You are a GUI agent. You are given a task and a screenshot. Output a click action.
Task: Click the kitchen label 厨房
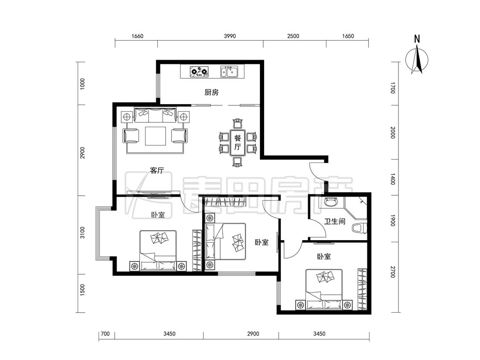point(212,92)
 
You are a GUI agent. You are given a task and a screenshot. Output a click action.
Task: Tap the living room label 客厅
point(157,170)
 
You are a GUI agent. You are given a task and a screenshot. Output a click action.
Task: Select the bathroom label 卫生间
point(335,221)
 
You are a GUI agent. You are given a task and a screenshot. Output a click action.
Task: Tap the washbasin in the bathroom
point(331,202)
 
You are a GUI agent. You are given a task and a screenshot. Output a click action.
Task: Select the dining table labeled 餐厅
point(238,142)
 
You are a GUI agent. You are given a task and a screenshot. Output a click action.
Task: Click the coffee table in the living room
point(155,136)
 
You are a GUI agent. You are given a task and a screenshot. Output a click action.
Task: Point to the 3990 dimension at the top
point(230,36)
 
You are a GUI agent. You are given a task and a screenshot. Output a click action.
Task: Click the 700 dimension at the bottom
point(105,334)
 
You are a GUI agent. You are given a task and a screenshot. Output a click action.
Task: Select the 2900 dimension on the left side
point(82,153)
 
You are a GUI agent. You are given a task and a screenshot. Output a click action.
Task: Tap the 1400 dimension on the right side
point(393,179)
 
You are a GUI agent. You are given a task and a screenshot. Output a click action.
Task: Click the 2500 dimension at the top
point(293,36)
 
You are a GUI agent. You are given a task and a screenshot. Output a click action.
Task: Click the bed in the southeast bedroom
point(324,289)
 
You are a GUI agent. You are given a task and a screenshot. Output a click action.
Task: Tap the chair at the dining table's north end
point(238,123)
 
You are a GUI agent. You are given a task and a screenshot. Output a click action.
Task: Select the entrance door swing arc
point(315,177)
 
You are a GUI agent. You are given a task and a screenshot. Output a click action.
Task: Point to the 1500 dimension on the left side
point(82,290)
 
